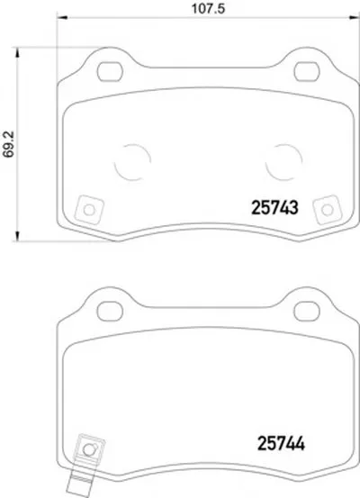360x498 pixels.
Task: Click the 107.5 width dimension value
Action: [x=208, y=8]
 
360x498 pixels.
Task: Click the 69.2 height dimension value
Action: [x=9, y=144]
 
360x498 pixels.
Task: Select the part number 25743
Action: [x=274, y=208]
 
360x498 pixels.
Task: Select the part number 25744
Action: [x=281, y=443]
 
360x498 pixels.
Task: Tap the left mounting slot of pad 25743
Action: [x=110, y=71]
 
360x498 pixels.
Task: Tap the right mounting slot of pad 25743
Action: [x=306, y=71]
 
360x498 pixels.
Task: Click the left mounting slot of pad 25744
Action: [x=110, y=311]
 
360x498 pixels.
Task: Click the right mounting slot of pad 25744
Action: [x=306, y=311]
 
